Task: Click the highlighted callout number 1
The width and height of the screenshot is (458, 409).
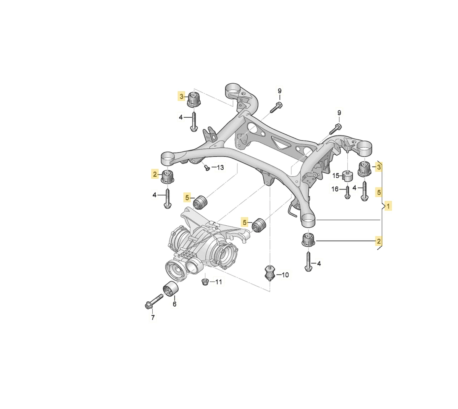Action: tap(388, 206)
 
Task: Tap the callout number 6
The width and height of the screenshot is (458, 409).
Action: tap(174, 304)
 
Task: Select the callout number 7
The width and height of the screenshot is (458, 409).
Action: tap(153, 317)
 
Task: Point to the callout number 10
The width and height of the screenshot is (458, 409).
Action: tap(285, 275)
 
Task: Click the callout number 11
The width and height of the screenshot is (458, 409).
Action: tap(218, 282)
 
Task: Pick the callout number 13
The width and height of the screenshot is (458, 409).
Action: tap(220, 167)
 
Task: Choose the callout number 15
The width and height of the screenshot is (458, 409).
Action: tap(335, 176)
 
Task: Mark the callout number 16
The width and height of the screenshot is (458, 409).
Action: tap(335, 189)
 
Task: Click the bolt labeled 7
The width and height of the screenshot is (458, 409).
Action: tap(153, 302)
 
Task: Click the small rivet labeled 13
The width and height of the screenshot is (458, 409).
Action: tap(206, 167)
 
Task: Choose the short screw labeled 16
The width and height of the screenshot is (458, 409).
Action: tap(347, 192)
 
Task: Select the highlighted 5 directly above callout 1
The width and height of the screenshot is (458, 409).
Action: tap(379, 192)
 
